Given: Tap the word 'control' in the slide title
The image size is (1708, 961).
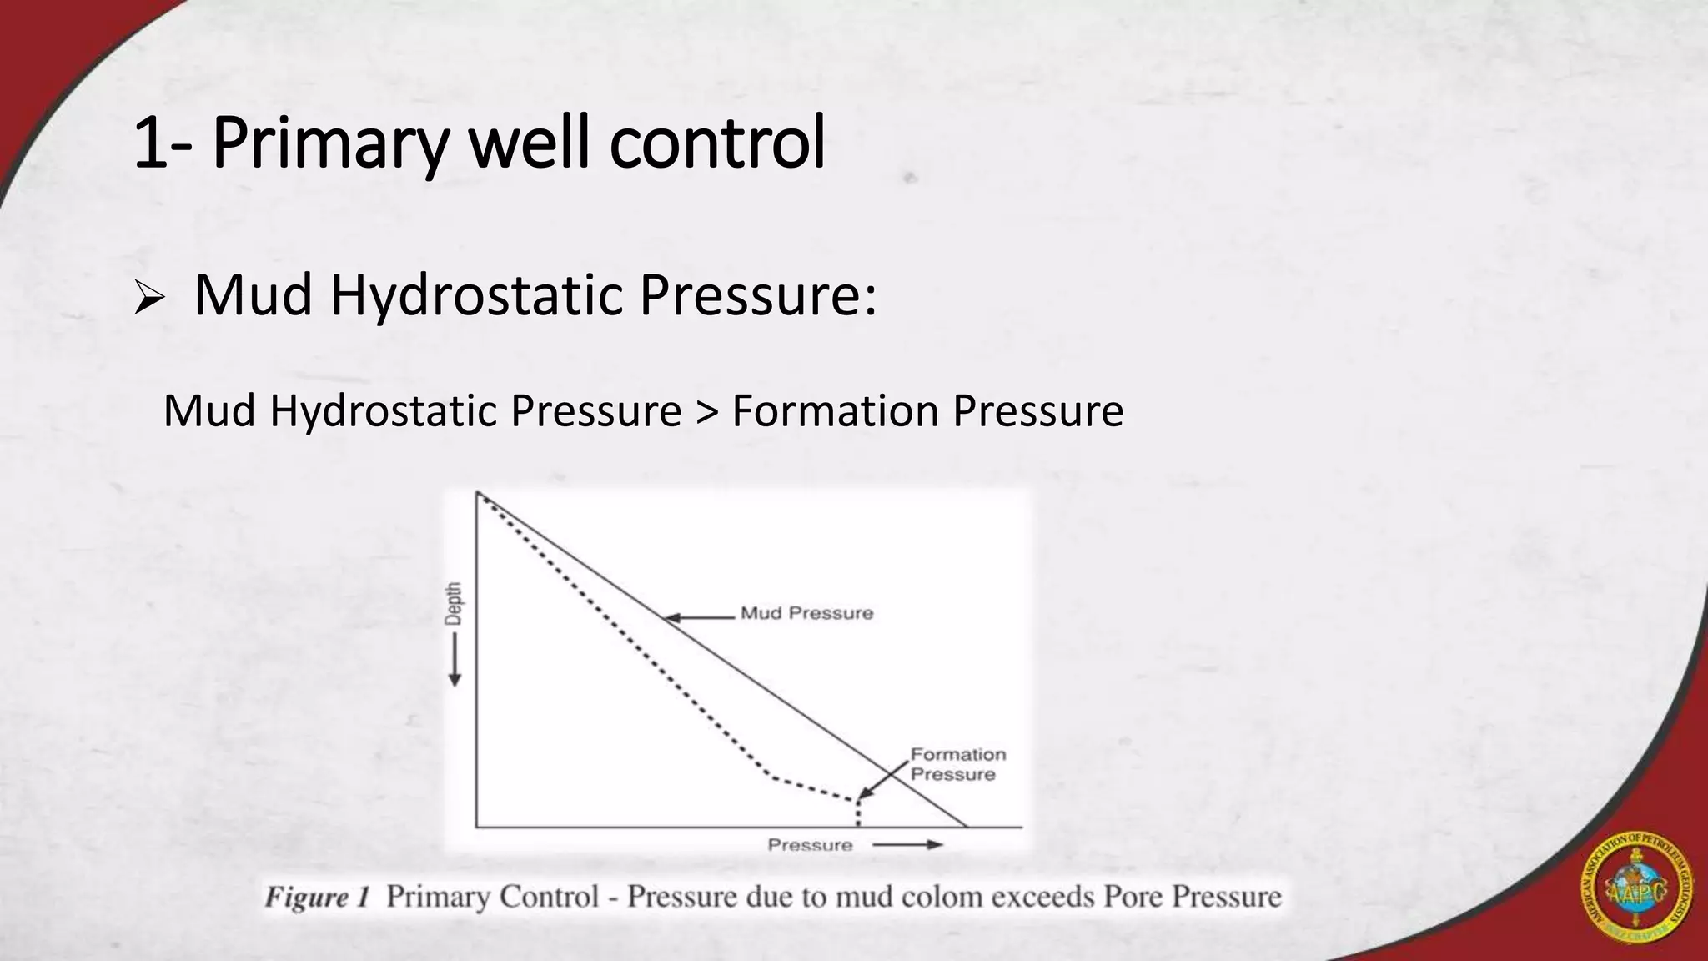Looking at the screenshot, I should (x=717, y=143).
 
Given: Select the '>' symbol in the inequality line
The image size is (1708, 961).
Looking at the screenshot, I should (x=706, y=411).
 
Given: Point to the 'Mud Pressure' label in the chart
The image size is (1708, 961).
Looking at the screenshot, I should (x=806, y=613).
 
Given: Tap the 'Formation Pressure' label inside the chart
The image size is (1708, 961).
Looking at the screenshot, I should (x=957, y=764).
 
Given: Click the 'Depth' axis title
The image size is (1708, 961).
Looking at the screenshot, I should (x=453, y=603).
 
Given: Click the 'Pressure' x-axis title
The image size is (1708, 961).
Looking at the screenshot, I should (x=810, y=845).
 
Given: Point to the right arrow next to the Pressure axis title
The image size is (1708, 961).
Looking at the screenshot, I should (x=908, y=845).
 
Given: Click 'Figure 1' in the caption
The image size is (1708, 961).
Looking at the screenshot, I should (x=317, y=898).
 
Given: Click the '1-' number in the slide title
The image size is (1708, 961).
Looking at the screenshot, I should (x=163, y=143).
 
